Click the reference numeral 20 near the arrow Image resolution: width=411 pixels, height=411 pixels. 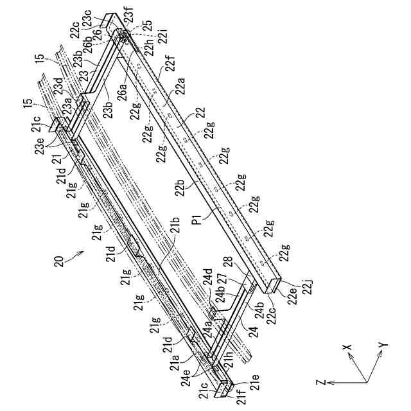coord(60,262)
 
